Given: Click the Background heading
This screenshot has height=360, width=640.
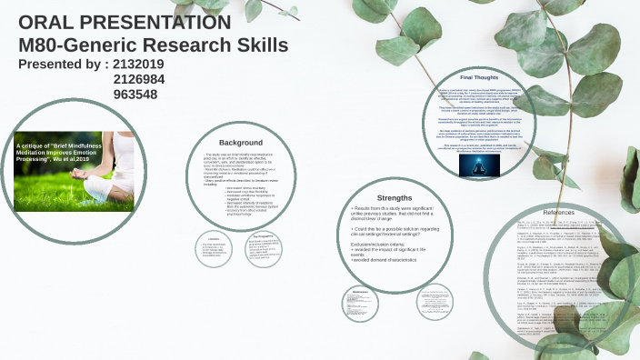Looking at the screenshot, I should [241, 143].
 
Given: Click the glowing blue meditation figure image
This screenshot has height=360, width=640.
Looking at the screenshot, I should [473, 164].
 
